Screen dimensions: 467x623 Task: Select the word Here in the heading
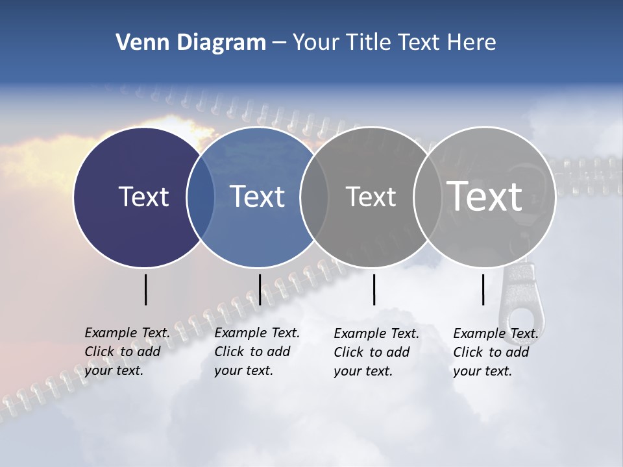pyautogui.click(x=471, y=43)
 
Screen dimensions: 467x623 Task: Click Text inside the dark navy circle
pyautogui.click(x=143, y=197)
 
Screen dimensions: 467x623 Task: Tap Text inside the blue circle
pyautogui.click(x=258, y=197)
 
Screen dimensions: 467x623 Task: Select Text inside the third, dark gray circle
pyautogui.click(x=371, y=197)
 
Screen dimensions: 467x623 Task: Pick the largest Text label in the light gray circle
pyautogui.click(x=485, y=197)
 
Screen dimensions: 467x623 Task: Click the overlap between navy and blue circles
pyautogui.click(x=201, y=197)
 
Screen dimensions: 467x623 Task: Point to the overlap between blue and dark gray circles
pyautogui.click(x=314, y=197)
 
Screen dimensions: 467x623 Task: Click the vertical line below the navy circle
pyautogui.click(x=145, y=289)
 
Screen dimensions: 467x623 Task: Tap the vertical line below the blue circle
pyautogui.click(x=260, y=289)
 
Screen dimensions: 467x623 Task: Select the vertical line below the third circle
pyautogui.click(x=374, y=289)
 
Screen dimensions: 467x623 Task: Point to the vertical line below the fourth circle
pyautogui.click(x=483, y=289)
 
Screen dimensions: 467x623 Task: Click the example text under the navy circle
pyautogui.click(x=127, y=352)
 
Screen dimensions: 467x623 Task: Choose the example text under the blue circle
pyautogui.click(x=256, y=352)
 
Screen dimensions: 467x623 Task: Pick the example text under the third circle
pyautogui.click(x=376, y=352)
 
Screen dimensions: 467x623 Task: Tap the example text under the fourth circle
pyautogui.click(x=495, y=352)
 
